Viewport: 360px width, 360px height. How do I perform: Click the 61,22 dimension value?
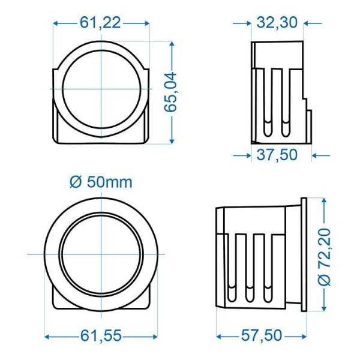(x=101, y=23)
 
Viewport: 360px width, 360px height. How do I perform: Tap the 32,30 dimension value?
(x=277, y=23)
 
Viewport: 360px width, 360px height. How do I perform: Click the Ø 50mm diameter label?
(x=101, y=182)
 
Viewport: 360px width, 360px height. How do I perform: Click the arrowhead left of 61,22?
(x=57, y=23)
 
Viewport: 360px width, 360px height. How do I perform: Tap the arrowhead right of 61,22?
(x=146, y=23)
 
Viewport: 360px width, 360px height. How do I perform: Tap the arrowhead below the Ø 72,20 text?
(x=325, y=310)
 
